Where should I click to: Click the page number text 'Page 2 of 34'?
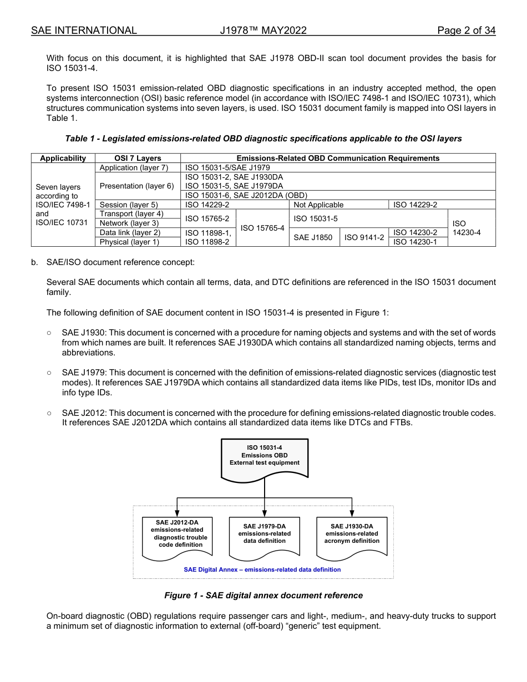click(466, 30)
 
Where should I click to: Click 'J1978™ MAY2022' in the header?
click(263, 30)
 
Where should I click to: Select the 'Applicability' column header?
click(63, 158)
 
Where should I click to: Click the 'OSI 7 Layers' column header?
click(138, 158)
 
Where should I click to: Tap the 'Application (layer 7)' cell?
click(133, 167)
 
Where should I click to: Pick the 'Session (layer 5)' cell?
click(129, 205)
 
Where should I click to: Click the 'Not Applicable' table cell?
click(318, 205)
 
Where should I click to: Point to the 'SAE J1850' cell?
click(313, 237)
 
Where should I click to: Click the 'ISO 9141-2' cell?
click(364, 237)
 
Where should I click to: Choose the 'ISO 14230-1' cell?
click(415, 242)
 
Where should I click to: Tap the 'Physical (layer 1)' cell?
click(129, 242)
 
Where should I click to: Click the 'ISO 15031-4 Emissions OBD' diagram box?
click(265, 458)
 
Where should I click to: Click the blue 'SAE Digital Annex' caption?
click(262, 569)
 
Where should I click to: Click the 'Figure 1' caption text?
click(263, 596)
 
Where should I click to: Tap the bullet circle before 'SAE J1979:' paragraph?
click(49, 373)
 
